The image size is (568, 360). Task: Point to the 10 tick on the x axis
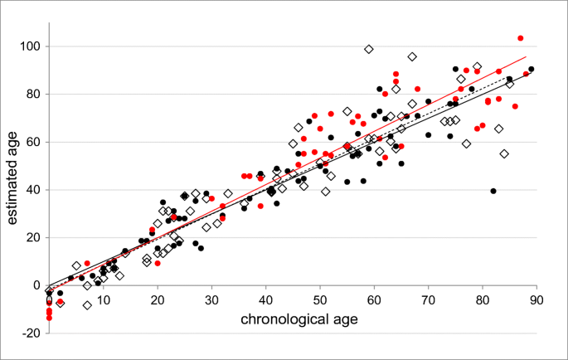click(103, 299)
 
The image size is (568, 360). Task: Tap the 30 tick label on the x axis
click(211, 299)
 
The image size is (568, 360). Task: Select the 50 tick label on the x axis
click(320, 299)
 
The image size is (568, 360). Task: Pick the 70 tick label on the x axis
click(429, 299)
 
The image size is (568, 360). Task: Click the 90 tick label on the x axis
click(536, 299)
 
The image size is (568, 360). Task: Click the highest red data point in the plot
click(521, 38)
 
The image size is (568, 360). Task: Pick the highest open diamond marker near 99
click(369, 49)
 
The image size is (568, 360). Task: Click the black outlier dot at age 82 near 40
click(493, 191)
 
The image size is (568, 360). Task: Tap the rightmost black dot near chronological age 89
click(532, 69)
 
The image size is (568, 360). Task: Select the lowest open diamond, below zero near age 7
click(87, 305)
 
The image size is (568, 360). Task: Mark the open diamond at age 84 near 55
click(504, 153)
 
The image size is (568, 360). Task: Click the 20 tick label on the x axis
click(158, 299)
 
